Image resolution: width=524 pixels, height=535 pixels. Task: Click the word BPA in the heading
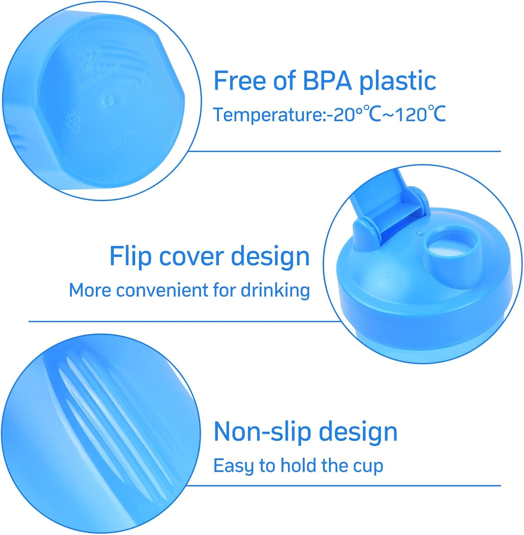click(327, 81)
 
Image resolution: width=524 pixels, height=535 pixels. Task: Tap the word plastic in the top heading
click(397, 81)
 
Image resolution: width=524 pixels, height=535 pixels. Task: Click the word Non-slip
click(262, 432)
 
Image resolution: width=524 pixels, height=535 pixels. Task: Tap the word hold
click(298, 465)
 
